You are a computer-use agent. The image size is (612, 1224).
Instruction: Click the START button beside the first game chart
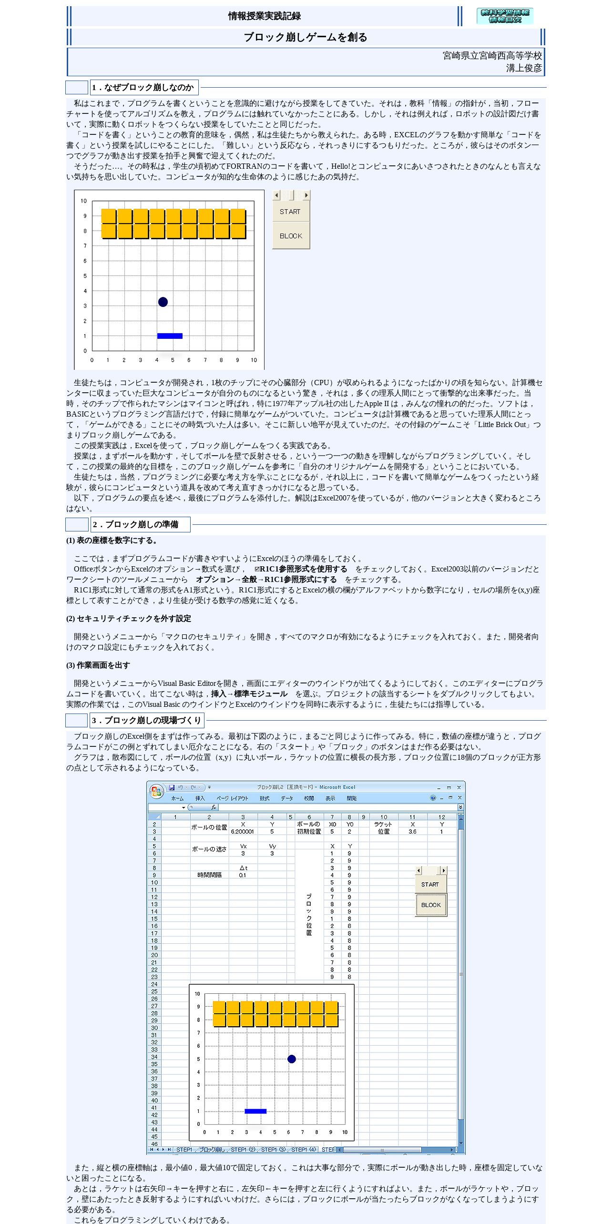(291, 212)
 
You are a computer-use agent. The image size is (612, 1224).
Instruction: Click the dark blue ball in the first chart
(163, 302)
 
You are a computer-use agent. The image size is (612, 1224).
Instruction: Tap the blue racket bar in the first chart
(170, 336)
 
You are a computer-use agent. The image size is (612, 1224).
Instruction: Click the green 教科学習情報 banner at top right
(505, 16)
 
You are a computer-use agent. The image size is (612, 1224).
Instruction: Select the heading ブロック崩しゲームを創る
(306, 37)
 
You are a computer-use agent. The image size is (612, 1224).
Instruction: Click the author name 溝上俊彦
(524, 68)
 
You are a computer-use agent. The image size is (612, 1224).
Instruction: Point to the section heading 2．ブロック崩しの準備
(136, 524)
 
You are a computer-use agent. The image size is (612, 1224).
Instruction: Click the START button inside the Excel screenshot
(430, 884)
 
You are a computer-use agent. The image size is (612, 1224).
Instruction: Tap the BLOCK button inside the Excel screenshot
(431, 905)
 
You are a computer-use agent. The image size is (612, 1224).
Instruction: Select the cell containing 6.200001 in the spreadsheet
(243, 831)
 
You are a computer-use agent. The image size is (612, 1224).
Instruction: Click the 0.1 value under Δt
(243, 875)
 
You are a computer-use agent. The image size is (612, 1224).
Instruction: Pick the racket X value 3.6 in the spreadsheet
(412, 831)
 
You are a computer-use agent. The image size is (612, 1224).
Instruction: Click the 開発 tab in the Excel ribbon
(352, 798)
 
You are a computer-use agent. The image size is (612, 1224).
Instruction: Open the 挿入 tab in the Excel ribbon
(200, 798)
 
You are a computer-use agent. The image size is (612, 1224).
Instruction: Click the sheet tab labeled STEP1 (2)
(243, 1150)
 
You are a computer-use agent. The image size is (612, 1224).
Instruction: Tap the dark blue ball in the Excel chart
(292, 1059)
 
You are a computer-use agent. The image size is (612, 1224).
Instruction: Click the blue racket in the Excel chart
(255, 1111)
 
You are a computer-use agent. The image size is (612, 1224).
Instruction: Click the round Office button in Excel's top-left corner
(156, 792)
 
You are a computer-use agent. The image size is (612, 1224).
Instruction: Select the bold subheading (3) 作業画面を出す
(98, 665)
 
